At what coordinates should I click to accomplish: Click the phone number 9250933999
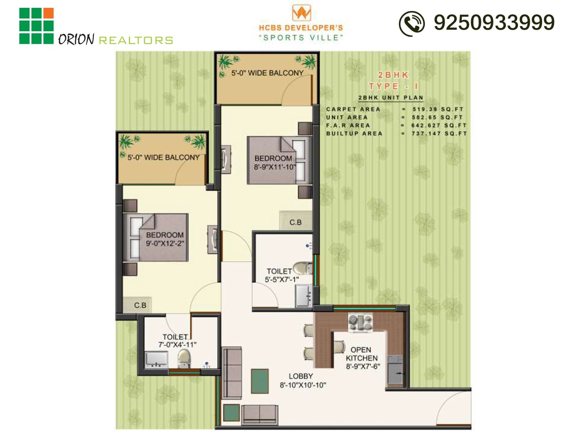494,22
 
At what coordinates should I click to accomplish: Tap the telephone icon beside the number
411,23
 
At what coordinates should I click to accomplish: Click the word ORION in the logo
76,39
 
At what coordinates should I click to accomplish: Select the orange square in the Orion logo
48,13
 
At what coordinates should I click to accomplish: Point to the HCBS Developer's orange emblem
302,13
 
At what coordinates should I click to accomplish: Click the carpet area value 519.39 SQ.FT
438,109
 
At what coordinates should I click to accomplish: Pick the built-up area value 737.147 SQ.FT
439,133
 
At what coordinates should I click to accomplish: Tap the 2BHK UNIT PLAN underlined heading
391,98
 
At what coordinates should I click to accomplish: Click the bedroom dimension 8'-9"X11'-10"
275,167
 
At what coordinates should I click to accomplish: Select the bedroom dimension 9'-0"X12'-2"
165,243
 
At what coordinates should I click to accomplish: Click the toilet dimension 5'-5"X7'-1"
282,279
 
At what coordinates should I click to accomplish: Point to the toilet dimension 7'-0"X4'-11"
177,345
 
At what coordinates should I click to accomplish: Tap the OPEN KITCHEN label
361,354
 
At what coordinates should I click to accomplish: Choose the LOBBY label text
300,376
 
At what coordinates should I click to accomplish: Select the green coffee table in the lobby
260,381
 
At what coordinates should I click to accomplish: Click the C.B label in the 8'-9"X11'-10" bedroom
295,222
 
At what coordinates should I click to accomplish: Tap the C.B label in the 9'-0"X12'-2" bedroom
140,305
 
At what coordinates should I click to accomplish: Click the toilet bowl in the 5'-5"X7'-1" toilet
302,268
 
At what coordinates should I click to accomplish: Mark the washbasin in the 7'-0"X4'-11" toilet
157,359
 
